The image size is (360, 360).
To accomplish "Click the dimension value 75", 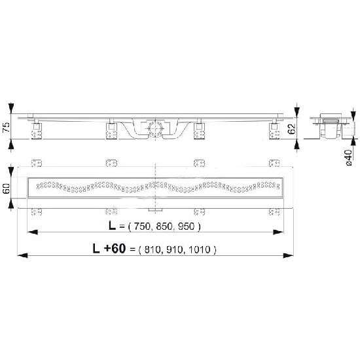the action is [6, 127].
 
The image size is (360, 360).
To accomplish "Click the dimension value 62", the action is [291, 129].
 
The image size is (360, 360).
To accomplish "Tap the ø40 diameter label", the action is [348, 158].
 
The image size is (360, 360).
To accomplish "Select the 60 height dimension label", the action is [6, 189].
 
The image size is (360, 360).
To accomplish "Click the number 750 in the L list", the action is [141, 226].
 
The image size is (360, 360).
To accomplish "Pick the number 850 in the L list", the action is [164, 226].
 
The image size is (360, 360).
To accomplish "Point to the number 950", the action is [186, 226].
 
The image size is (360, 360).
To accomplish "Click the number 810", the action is [153, 249].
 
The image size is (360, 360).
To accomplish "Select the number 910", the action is [175, 249].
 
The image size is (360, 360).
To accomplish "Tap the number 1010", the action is [200, 249].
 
